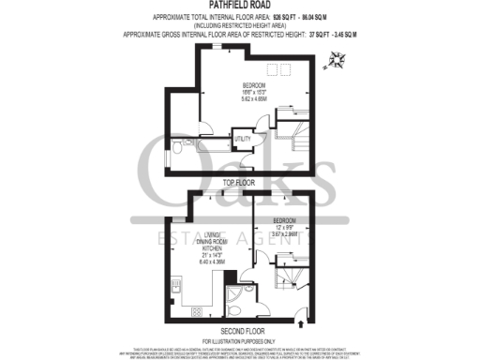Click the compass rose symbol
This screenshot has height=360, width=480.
pyautogui.click(x=336, y=62)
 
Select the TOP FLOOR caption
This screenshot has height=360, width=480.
pyautogui.click(x=239, y=182)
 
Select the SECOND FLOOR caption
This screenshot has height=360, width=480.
pyautogui.click(x=239, y=331)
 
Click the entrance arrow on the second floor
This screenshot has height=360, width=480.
pyautogui.click(x=300, y=323)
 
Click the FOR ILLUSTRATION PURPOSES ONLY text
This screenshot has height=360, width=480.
pyautogui.click(x=239, y=339)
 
